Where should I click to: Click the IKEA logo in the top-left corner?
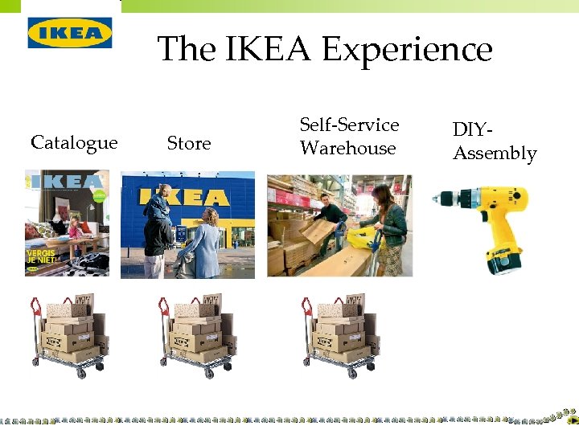70,32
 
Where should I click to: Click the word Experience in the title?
407,50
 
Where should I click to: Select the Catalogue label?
74,143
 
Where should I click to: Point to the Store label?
188,143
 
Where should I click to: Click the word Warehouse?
347,149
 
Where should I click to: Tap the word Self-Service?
349,125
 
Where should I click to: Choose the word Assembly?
495,154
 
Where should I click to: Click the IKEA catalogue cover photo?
67,223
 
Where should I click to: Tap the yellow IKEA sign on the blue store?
184,196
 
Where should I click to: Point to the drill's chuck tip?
436,198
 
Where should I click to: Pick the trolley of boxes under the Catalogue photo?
68,334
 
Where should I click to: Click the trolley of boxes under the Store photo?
197,334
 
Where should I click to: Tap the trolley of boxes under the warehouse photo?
340,334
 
